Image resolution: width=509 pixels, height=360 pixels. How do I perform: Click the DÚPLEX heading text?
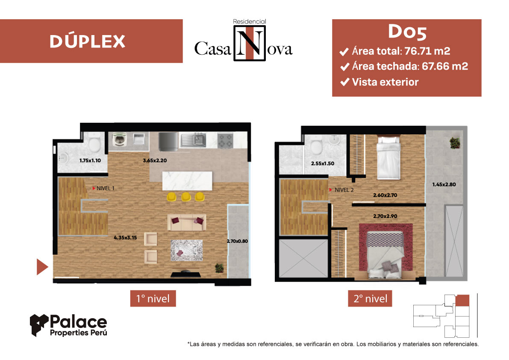tap(87, 41)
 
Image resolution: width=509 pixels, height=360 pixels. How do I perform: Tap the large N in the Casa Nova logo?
tap(249, 43)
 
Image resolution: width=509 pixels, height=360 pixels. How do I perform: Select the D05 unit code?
tap(407, 32)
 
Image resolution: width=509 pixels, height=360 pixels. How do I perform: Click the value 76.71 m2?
tap(427, 51)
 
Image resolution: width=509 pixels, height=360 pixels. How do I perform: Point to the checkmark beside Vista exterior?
tap(345, 82)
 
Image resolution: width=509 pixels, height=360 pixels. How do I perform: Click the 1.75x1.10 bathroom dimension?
tap(90, 160)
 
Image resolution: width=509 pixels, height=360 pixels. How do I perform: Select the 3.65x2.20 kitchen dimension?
tap(155, 160)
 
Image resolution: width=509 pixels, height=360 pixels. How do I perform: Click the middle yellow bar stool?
tap(186, 197)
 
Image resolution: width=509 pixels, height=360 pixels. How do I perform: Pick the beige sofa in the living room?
tap(187, 222)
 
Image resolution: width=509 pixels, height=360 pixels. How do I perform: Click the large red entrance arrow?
tap(42, 267)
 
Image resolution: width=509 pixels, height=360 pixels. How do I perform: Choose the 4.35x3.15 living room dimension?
tap(125, 238)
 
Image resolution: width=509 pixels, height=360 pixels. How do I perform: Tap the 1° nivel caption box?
tap(153, 299)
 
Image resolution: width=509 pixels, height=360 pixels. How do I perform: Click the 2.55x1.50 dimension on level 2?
tap(322, 164)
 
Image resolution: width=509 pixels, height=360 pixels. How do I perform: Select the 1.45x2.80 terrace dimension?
tap(444, 184)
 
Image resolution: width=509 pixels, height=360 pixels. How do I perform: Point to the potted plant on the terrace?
tap(455, 143)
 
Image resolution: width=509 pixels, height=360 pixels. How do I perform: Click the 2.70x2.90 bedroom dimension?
tap(385, 216)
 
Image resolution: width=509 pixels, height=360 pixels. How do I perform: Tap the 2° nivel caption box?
tap(371, 299)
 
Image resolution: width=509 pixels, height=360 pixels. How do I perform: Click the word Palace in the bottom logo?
tap(78, 322)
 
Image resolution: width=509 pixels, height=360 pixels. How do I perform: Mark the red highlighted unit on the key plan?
tap(462, 300)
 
